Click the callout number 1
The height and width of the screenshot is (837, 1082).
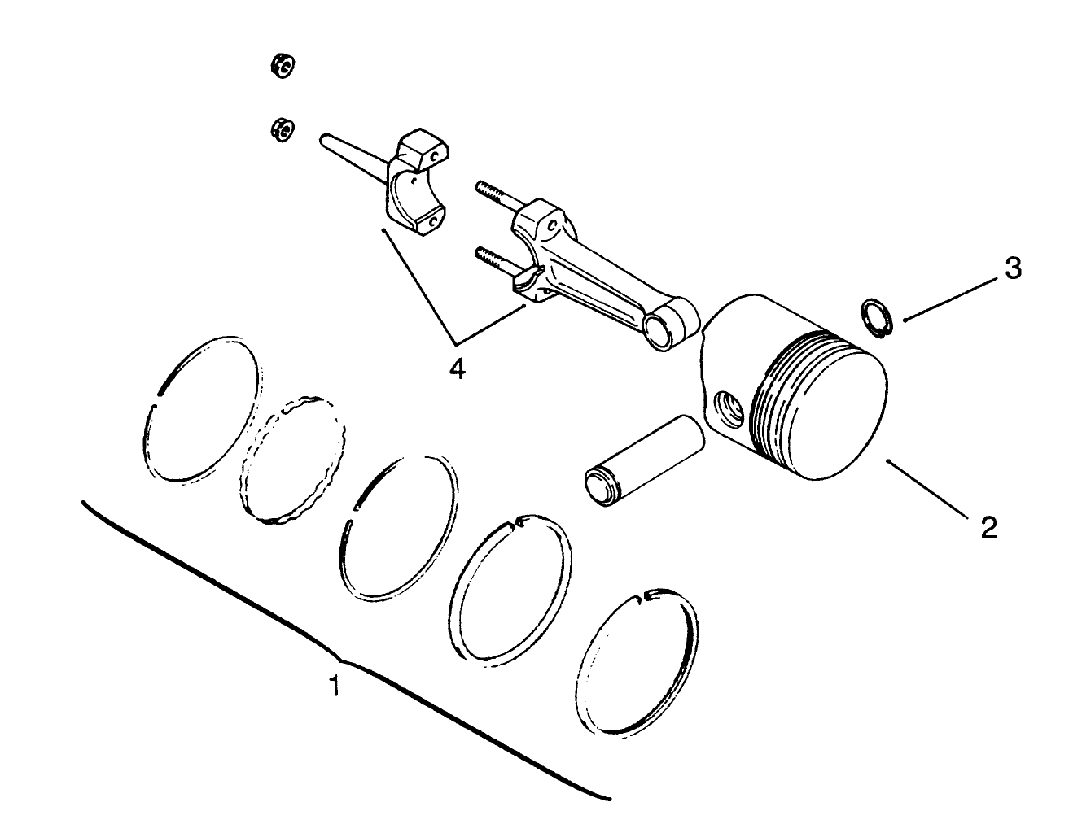[333, 687]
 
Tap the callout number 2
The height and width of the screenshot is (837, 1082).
[988, 528]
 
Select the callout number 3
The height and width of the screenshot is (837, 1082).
[1012, 269]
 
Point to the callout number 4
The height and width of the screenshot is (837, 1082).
[458, 369]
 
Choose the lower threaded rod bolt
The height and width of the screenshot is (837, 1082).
[493, 259]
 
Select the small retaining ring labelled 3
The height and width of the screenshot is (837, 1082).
[878, 316]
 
